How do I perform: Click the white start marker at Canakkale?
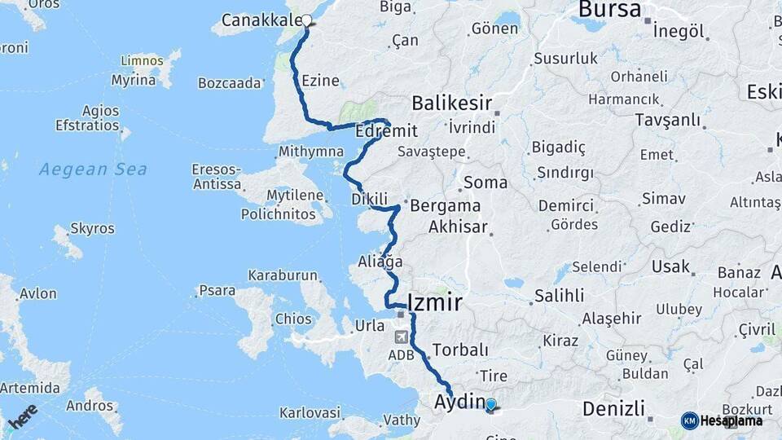tap(307, 21)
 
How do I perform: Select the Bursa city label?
tap(610, 9)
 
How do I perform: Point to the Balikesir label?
tap(451, 103)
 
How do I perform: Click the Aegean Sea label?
tap(94, 169)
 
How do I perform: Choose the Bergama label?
tap(445, 205)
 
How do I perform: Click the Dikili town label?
tap(368, 199)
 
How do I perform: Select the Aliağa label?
tap(380, 262)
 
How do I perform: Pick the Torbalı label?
tap(460, 350)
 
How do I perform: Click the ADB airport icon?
tap(401, 337)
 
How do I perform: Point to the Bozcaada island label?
tap(230, 82)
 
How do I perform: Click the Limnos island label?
tap(142, 61)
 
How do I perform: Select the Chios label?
tap(293, 319)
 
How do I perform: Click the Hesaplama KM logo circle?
tap(690, 420)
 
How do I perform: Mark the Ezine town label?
tap(320, 81)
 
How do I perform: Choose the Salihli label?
tap(560, 296)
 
